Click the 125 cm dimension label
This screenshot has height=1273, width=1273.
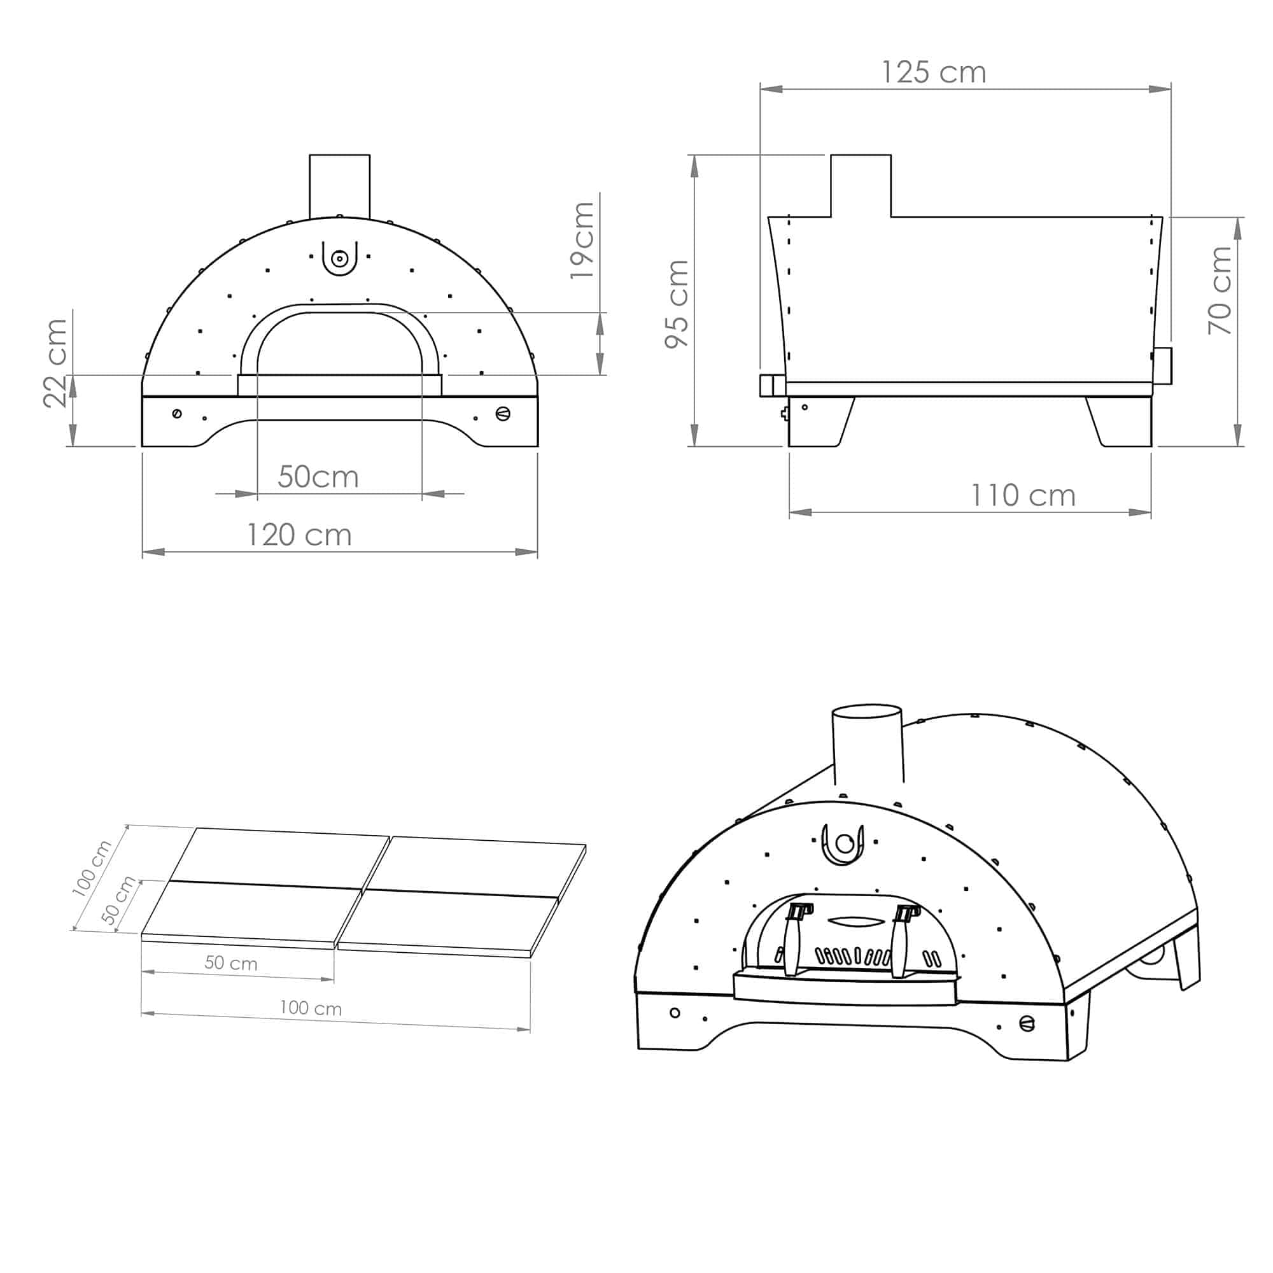933,73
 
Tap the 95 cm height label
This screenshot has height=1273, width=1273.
677,304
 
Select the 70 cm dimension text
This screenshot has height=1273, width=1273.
1220,290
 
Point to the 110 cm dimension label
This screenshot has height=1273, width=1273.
1023,495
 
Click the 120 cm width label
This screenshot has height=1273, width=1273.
299,535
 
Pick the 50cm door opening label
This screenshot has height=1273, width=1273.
318,476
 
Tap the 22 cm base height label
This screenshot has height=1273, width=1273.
55,363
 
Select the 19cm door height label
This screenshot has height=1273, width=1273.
582,240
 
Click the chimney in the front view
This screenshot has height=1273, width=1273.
339,186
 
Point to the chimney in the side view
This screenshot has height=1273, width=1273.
861,186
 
